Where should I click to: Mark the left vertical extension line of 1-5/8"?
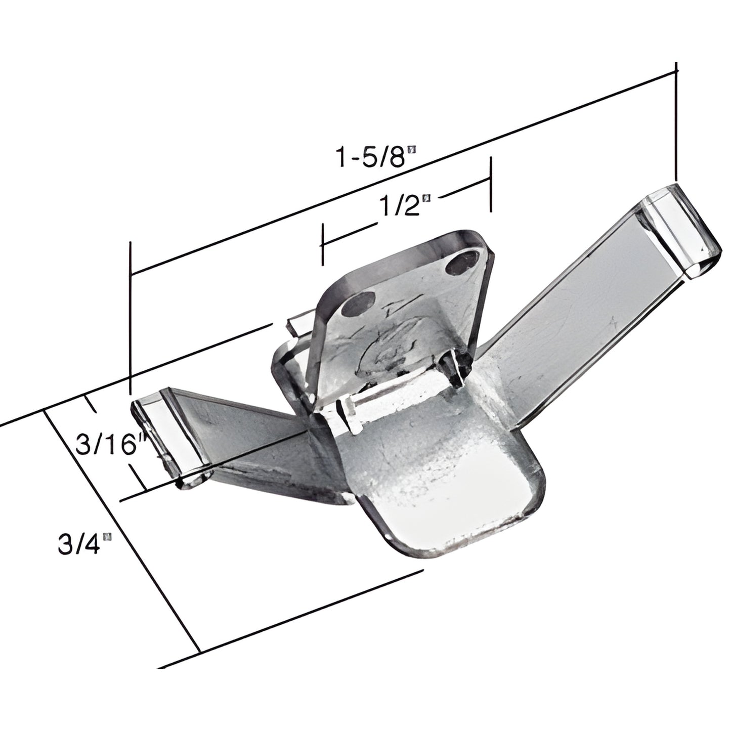coord(131,314)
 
